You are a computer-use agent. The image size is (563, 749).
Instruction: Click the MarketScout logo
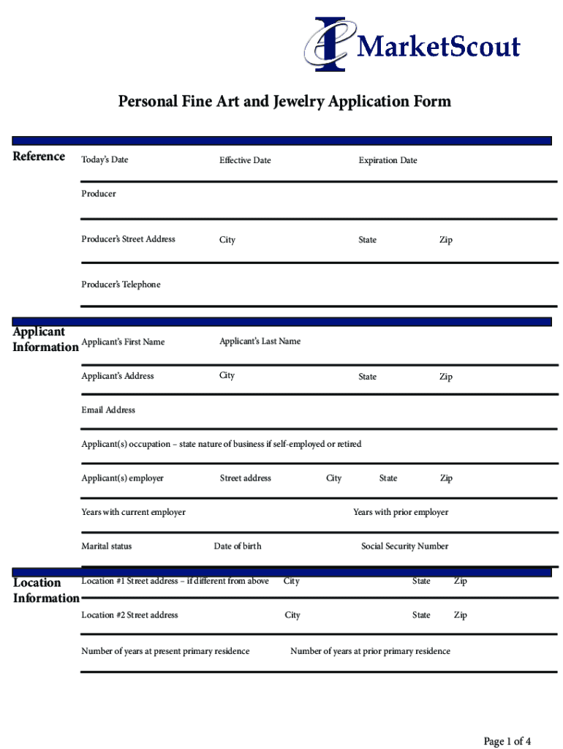412,45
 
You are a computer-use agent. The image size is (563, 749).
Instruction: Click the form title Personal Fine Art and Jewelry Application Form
284,101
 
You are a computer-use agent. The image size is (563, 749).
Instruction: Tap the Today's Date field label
105,159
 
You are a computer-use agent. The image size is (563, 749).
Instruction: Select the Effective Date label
245,160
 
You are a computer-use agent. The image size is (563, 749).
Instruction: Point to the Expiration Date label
388,160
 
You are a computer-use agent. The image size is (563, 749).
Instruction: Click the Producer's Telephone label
121,285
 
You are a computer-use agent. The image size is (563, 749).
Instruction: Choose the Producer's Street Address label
128,239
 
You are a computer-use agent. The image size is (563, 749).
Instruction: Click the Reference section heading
39,157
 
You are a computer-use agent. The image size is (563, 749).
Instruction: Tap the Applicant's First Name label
123,342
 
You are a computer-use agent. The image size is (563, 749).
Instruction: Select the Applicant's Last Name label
260,342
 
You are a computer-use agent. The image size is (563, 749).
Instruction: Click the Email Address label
108,410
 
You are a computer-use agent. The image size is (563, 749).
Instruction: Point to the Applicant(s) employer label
122,478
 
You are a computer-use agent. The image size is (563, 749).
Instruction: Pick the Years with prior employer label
401,512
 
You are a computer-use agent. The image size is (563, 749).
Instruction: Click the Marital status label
107,546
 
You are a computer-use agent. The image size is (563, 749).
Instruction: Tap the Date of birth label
237,546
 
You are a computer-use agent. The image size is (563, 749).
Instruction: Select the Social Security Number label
404,546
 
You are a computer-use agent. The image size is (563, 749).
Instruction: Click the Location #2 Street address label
129,615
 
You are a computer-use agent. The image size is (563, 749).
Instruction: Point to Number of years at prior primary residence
370,651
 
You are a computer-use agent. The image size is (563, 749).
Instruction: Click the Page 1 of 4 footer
507,742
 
